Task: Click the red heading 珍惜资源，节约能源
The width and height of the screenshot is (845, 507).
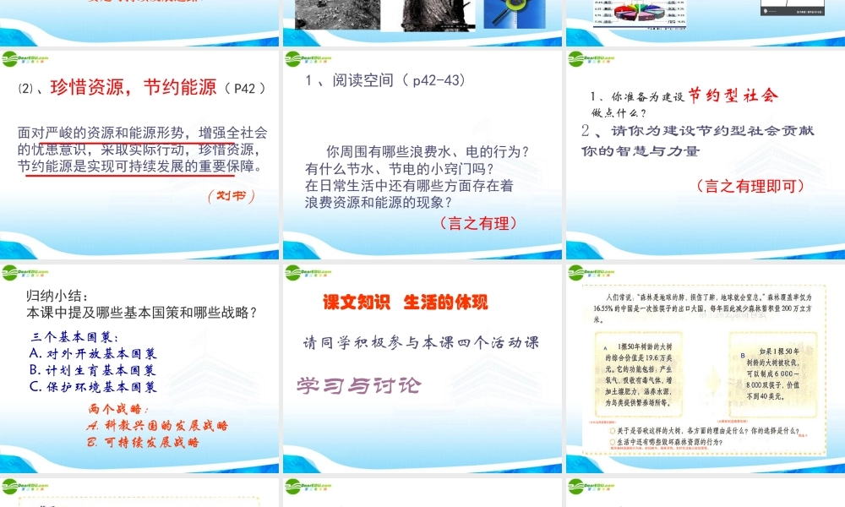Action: (x=134, y=87)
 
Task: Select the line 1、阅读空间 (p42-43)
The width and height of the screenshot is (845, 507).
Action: (x=385, y=80)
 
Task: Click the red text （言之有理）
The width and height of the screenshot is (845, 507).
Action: (x=477, y=223)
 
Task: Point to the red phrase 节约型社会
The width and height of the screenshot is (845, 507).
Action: (x=733, y=95)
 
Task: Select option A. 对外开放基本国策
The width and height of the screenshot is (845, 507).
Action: (x=92, y=353)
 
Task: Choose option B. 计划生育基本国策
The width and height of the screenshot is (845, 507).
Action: (x=92, y=370)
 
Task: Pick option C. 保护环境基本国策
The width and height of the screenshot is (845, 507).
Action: (x=92, y=387)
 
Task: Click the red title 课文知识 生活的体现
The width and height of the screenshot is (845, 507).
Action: (x=406, y=302)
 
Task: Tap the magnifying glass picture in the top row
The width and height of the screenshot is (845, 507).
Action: (x=514, y=14)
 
